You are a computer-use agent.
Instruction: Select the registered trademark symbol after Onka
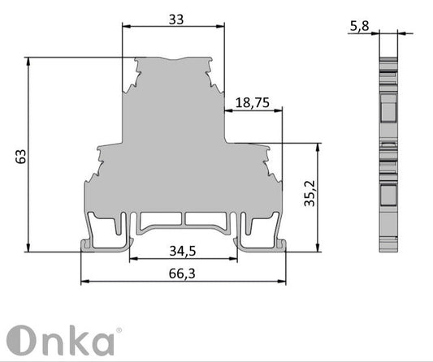[x=119, y=330]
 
